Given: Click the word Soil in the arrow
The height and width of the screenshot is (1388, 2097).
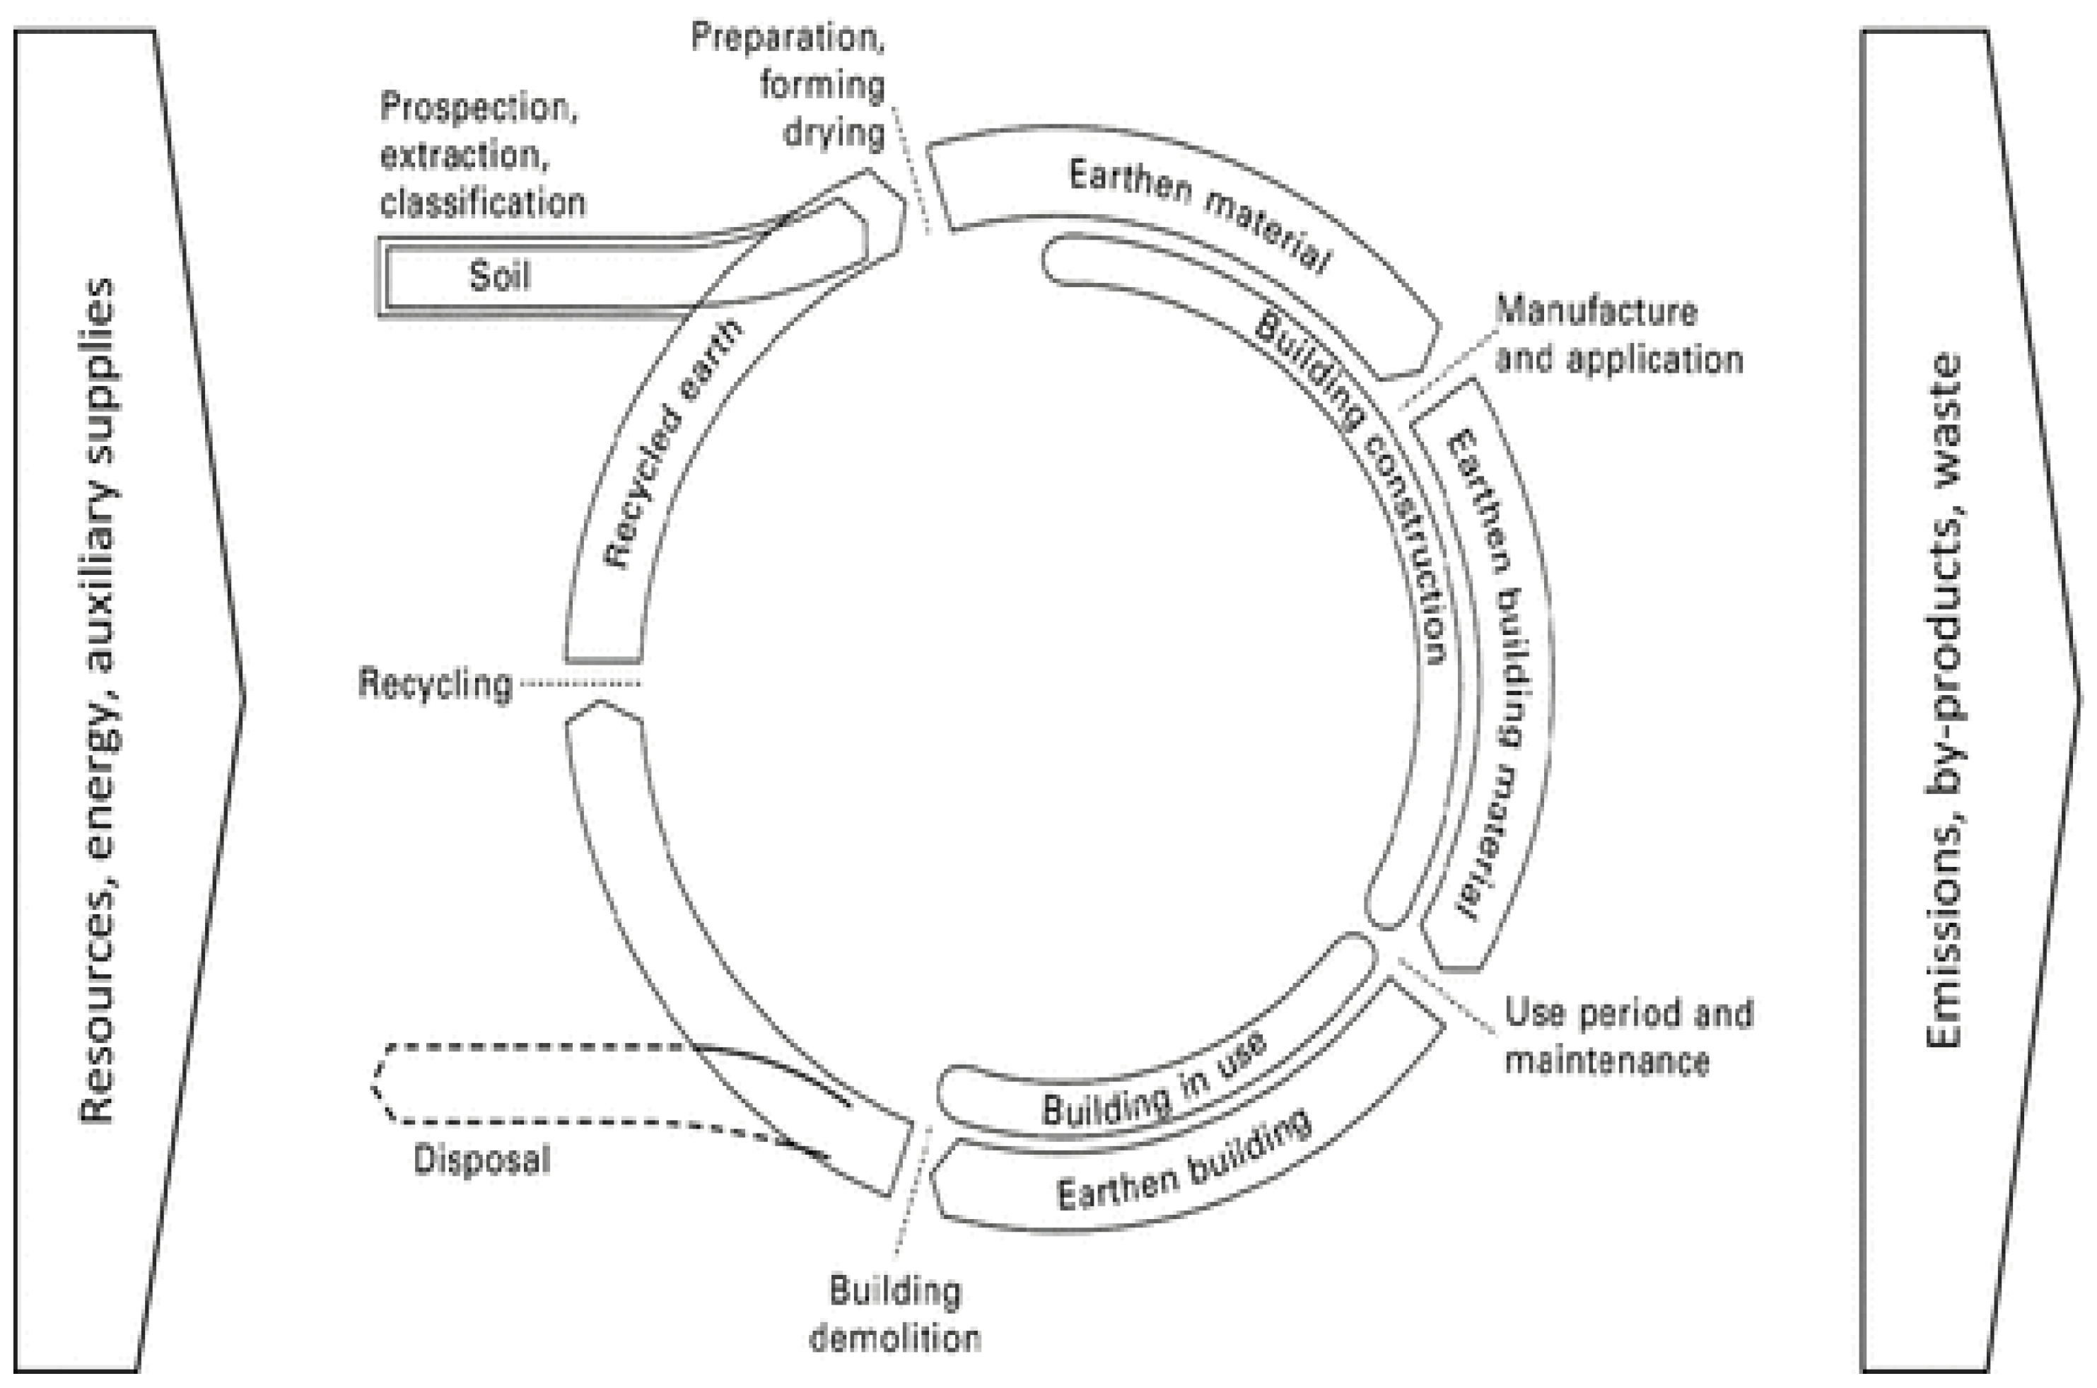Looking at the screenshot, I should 500,276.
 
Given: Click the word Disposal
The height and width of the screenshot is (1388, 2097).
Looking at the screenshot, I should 482,1160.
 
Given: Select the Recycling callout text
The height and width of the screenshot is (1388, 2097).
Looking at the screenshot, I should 436,684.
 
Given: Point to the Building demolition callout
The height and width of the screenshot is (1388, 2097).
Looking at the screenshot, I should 896,1314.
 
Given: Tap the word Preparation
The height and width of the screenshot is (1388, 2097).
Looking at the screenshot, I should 787,37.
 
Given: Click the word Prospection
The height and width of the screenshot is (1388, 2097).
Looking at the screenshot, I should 479,108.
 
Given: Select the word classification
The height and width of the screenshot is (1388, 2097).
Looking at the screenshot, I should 484,203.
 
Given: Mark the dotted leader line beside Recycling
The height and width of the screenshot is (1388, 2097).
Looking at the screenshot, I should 580,683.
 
